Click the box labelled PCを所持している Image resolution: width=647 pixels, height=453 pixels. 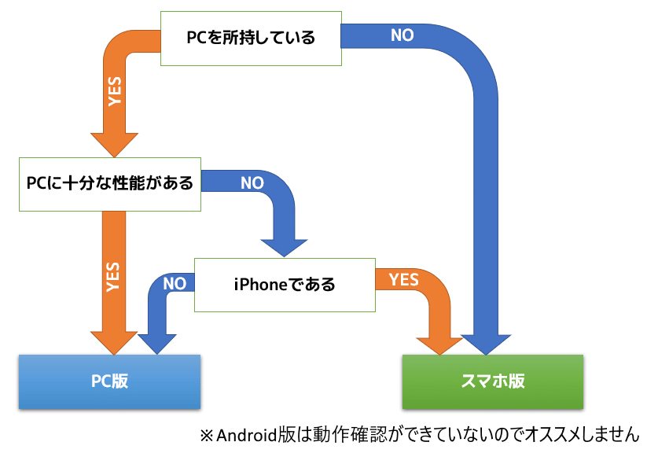(x=251, y=38)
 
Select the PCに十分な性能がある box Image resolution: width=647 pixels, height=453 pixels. (x=109, y=184)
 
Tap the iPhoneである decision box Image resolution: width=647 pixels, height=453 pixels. (x=285, y=283)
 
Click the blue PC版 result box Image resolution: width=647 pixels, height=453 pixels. (x=109, y=381)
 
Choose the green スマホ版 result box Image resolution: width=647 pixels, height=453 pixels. (x=492, y=381)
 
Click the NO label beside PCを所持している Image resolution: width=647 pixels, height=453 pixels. (x=402, y=35)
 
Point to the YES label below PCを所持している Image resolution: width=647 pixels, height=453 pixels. (x=116, y=91)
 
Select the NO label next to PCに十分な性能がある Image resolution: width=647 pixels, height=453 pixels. (x=252, y=183)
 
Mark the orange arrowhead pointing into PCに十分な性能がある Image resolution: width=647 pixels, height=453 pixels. (x=115, y=143)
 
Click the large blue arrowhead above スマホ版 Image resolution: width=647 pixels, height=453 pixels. (x=488, y=342)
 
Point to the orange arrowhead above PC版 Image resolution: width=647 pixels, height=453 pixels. (x=114, y=341)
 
